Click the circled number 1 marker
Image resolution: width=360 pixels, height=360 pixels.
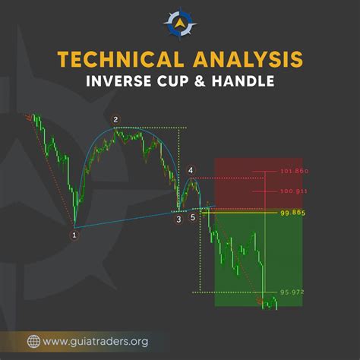[74, 235]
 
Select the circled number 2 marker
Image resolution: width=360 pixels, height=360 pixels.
[115, 119]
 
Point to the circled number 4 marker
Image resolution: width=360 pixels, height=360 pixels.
[190, 170]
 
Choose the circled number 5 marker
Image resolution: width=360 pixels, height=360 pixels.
[192, 217]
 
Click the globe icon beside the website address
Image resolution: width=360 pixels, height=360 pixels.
[34, 341]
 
